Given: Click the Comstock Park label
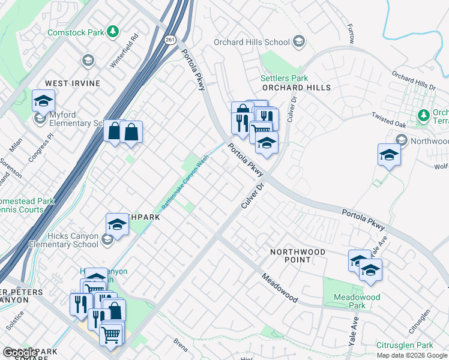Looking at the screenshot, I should pos(73,31).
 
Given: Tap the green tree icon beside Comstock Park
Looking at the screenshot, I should pos(112,31).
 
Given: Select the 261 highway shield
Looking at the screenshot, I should pos(171,40).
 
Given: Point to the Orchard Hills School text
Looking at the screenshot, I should pos(252,42).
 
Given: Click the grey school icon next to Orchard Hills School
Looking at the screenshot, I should pos(298,42).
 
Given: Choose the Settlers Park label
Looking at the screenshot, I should pos(284,78).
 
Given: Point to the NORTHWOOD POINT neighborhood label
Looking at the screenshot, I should pos(297,256).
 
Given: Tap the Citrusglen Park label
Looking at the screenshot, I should pos(405,346).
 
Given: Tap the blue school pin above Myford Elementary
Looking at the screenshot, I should pos(43,101).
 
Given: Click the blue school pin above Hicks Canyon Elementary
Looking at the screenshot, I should pos(117,225).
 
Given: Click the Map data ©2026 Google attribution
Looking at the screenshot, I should pos(412,355).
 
